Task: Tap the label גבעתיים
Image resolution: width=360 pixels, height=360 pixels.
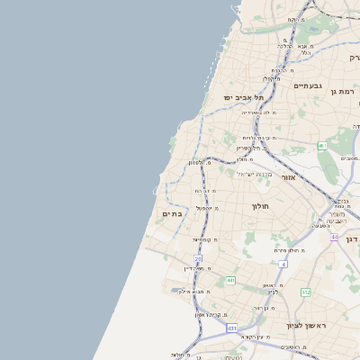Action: click(308, 85)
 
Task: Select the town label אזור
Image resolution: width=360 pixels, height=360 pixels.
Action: click(288, 177)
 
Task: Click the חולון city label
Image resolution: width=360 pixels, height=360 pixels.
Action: click(260, 206)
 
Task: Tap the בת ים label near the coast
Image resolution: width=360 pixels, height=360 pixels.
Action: click(173, 213)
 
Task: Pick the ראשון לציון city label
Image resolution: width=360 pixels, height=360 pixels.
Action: click(305, 325)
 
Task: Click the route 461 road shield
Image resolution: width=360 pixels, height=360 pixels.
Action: click(322, 145)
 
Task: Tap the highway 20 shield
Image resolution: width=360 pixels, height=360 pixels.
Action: click(198, 258)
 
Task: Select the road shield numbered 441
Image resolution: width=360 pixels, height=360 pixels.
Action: click(230, 281)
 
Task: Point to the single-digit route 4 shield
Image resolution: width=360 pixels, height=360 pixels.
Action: click(283, 264)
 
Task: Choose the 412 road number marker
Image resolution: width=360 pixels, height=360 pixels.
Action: click(305, 292)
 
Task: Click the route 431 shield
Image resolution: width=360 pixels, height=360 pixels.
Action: click(231, 328)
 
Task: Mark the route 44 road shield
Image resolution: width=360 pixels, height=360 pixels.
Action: click(334, 237)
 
